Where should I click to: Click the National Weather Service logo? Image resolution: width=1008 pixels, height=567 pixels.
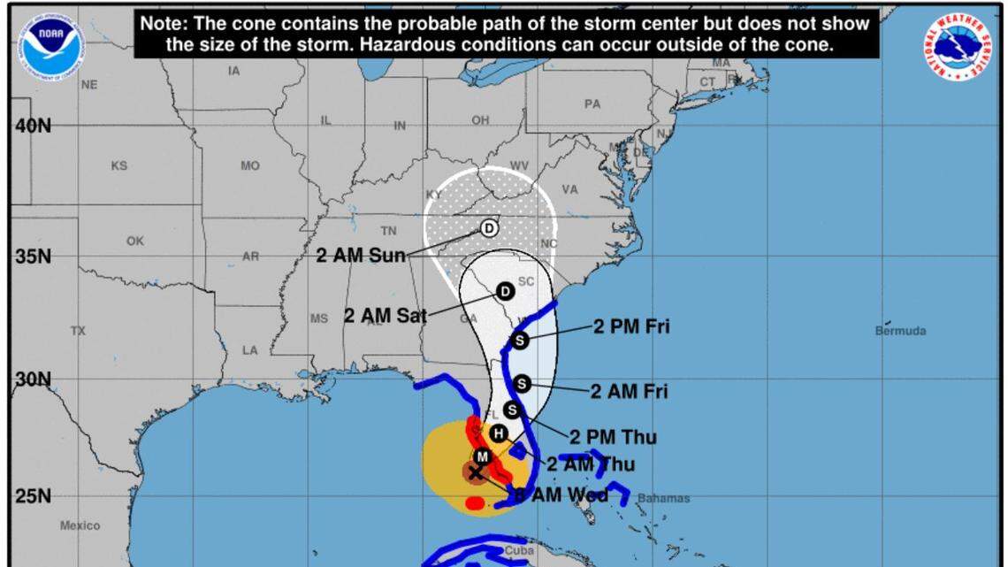(x=958, y=46)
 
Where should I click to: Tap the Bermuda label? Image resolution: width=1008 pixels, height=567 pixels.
(x=900, y=331)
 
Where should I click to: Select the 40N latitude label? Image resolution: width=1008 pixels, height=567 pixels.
(x=33, y=126)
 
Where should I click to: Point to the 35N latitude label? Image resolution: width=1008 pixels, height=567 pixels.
(x=33, y=257)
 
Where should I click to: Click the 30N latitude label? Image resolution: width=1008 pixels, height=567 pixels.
(x=33, y=379)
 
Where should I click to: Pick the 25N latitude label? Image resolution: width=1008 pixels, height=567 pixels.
(x=33, y=496)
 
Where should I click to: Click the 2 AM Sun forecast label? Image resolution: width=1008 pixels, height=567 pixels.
(x=361, y=256)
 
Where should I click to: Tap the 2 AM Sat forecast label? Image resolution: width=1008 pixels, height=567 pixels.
(x=385, y=314)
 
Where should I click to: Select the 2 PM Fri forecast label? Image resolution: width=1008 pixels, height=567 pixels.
(x=631, y=326)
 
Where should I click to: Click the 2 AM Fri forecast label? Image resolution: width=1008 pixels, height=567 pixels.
(x=629, y=391)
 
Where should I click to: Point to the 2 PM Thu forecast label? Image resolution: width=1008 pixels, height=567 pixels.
(x=613, y=437)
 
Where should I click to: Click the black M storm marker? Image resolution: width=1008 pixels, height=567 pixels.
(x=482, y=456)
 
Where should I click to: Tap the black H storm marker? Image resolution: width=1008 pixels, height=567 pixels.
(x=499, y=433)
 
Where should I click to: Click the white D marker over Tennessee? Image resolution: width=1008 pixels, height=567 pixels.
(x=489, y=228)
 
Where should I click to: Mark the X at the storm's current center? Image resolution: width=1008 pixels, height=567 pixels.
(x=476, y=472)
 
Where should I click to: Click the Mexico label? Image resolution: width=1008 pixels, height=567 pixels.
(x=80, y=525)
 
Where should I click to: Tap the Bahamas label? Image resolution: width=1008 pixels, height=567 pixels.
(x=663, y=498)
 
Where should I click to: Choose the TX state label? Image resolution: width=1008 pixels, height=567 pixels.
(x=79, y=331)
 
